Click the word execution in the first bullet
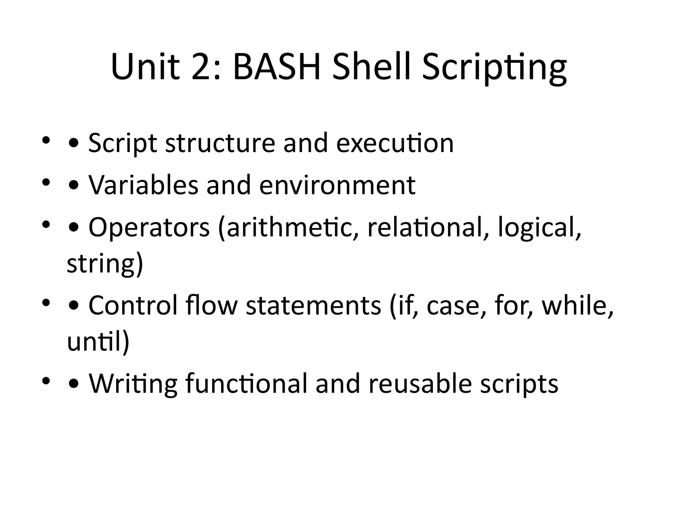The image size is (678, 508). pos(395,143)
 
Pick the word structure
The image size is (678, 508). pos(220,143)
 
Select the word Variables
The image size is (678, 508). pos(143,185)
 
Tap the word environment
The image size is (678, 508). pos(337,185)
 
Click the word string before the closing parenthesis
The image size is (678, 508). pos(101,264)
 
